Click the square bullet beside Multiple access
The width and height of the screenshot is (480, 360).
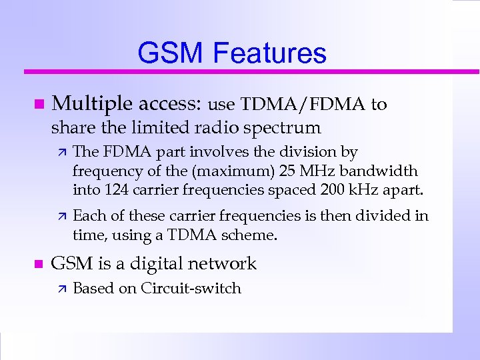tap(39, 105)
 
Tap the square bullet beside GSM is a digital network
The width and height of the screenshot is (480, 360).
tap(39, 264)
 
